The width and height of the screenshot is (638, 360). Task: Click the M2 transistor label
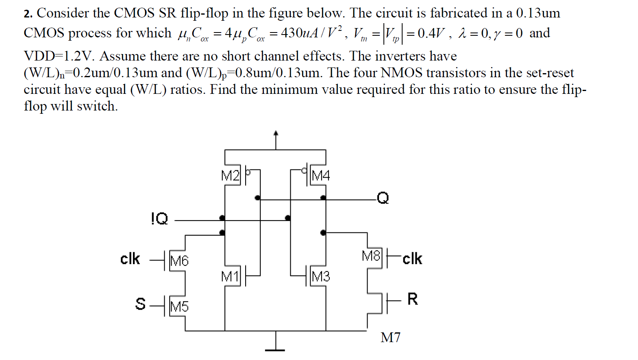click(230, 176)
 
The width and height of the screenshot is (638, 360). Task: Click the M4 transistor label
click(320, 176)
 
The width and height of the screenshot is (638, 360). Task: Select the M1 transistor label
click(230, 277)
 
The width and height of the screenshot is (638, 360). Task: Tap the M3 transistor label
click(320, 277)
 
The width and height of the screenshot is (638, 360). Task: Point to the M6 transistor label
click(179, 260)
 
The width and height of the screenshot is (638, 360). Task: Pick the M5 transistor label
click(179, 306)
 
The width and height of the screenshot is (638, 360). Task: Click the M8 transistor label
click(371, 256)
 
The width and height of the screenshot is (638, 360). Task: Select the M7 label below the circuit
click(390, 337)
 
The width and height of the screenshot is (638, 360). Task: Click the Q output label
click(382, 198)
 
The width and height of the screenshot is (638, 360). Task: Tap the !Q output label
click(159, 219)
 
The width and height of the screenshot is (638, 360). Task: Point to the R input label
click(412, 299)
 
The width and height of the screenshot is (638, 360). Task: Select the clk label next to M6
click(130, 258)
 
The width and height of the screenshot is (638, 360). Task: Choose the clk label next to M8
click(412, 258)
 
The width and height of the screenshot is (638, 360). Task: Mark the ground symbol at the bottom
click(275, 349)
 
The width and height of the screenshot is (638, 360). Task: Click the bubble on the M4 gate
click(304, 170)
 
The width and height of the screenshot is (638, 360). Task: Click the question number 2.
click(28, 14)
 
